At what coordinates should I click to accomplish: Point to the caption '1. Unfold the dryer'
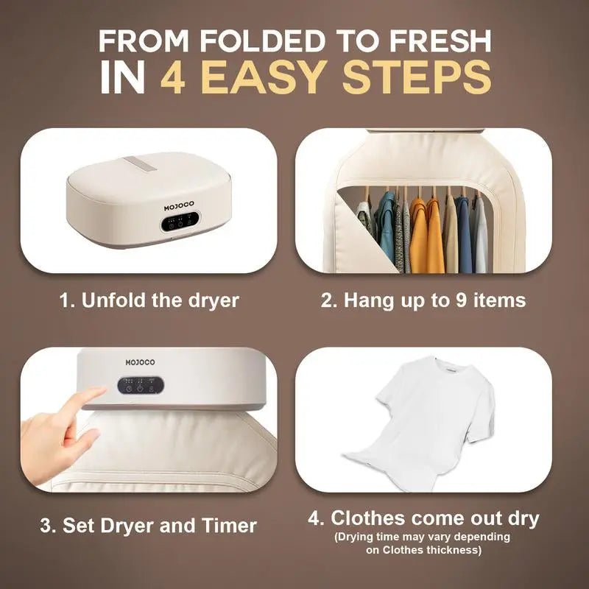(149, 300)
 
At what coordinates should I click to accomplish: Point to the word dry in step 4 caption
(518, 518)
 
